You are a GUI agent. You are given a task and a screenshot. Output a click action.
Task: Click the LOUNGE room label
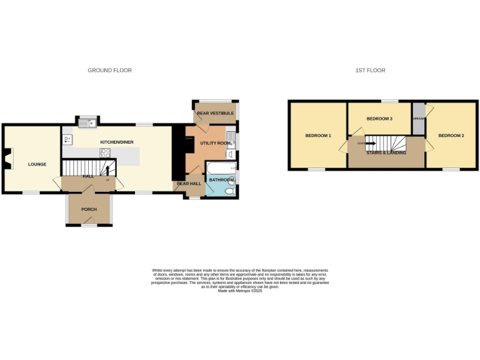[37, 164]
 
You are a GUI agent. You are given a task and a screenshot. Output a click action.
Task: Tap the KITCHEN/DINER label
[117, 142]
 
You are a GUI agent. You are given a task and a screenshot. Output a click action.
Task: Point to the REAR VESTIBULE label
[215, 113]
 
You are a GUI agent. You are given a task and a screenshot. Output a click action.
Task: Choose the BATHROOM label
[221, 180]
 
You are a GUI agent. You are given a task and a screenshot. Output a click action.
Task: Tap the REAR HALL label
[188, 184]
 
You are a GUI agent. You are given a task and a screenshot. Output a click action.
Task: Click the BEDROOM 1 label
[318, 136]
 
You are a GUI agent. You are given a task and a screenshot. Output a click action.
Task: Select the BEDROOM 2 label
[451, 136]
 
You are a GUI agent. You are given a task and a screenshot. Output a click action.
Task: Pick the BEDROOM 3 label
[379, 118]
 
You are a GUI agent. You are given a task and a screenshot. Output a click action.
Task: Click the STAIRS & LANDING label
[386, 152]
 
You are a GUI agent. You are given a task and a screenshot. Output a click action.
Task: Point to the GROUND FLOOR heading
[109, 71]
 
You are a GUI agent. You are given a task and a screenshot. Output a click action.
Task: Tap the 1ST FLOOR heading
[374, 71]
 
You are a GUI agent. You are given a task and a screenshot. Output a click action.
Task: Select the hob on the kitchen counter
[106, 152]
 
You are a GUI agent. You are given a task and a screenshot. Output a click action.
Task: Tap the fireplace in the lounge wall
[7, 159]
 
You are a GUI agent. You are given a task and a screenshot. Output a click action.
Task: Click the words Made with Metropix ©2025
[240, 291]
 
